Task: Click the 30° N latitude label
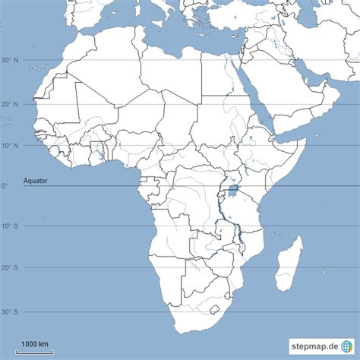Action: (x=10, y=61)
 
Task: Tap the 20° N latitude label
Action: (x=10, y=104)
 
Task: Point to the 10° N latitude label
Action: (x=10, y=145)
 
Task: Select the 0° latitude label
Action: (x=5, y=186)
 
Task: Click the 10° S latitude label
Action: (x=10, y=226)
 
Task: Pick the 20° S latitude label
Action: (x=10, y=267)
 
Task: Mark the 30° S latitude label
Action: (x=10, y=311)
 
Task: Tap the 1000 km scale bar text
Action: (x=35, y=345)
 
